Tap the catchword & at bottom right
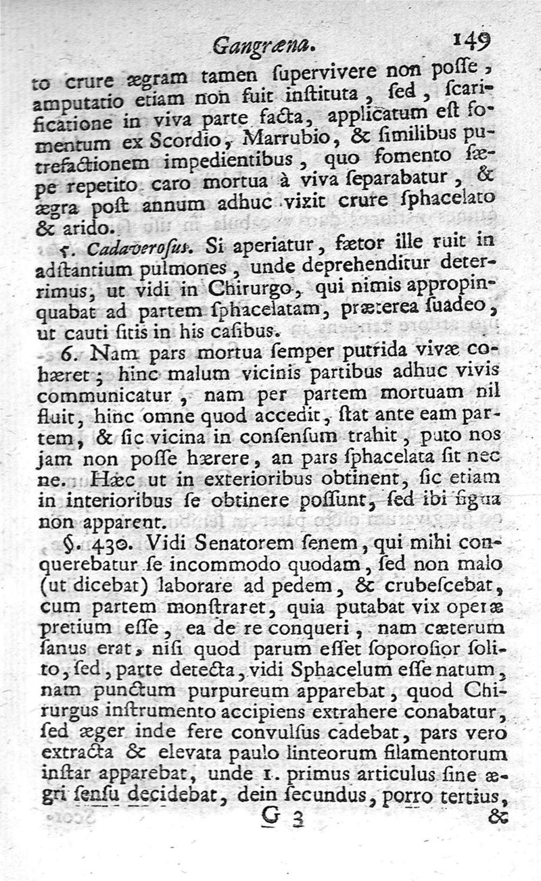(x=497, y=817)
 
